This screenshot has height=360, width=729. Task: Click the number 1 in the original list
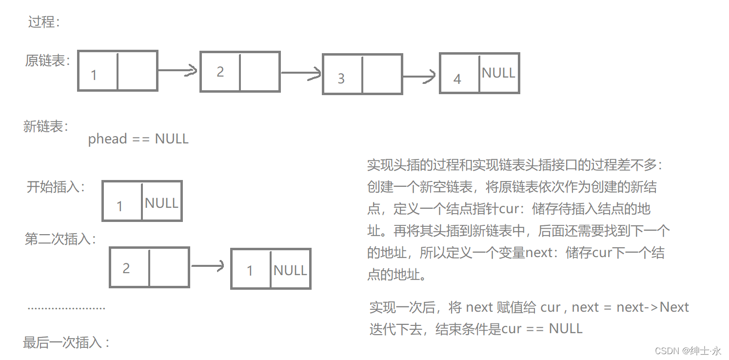click(94, 75)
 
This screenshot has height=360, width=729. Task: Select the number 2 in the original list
click(220, 72)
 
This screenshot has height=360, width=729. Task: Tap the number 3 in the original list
click(341, 79)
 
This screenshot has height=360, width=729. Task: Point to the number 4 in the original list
click(457, 79)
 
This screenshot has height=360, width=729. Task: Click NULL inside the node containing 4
click(498, 73)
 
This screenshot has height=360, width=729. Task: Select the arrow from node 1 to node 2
click(178, 71)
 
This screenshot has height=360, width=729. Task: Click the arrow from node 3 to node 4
click(419, 76)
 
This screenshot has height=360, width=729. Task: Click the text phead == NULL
click(138, 139)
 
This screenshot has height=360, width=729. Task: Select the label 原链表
click(47, 61)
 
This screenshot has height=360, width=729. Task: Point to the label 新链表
click(45, 126)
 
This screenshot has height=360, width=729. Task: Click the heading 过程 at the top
click(43, 22)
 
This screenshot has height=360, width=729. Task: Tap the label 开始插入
click(56, 187)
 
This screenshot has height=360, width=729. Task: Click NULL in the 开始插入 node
click(161, 203)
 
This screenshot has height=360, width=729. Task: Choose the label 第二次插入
click(60, 239)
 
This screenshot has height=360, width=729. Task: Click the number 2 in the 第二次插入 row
click(126, 268)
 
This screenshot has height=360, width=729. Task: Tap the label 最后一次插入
click(66, 342)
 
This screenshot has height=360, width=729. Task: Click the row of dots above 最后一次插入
click(66, 308)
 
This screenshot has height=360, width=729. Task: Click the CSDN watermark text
click(688, 351)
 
